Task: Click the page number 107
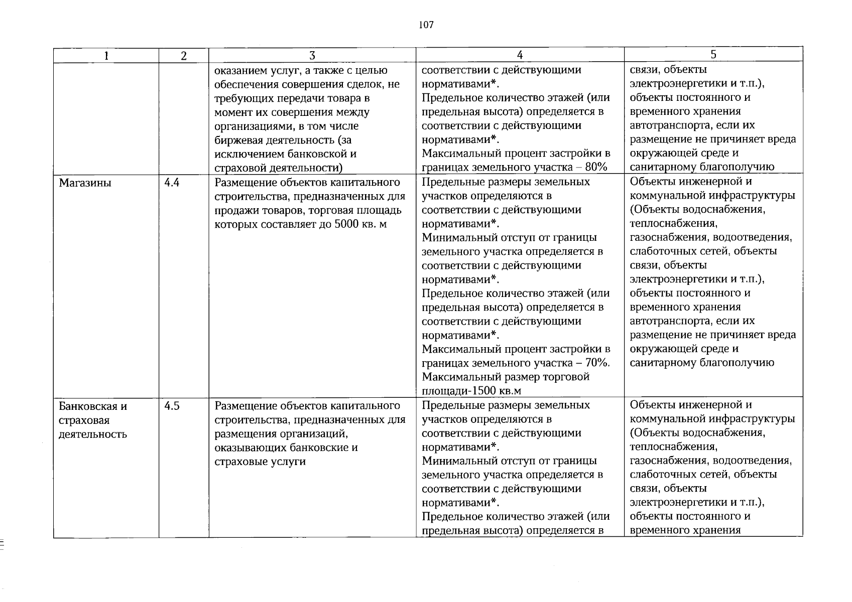click(x=426, y=25)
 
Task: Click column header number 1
click(x=106, y=56)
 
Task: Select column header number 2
click(x=184, y=56)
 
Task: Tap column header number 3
click(x=312, y=56)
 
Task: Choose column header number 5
click(x=713, y=55)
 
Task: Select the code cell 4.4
click(x=172, y=183)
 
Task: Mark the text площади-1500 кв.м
click(x=464, y=391)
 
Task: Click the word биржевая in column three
click(x=239, y=140)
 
